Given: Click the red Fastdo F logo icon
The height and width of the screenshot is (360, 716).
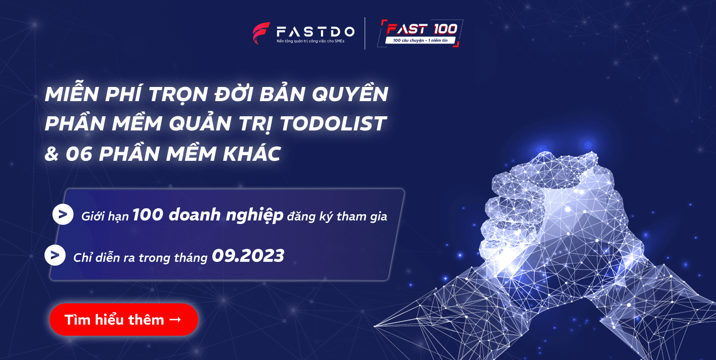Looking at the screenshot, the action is coord(261,33).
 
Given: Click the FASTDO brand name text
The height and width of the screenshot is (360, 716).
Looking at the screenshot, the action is coord(316,31).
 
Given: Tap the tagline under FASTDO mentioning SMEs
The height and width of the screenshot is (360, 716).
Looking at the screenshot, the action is coord(310,41).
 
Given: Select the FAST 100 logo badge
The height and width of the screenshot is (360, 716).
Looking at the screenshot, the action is coord(420,33).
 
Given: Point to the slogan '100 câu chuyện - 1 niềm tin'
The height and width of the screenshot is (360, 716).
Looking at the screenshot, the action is coord(420,40).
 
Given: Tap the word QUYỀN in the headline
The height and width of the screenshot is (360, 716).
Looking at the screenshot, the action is coord(350,94).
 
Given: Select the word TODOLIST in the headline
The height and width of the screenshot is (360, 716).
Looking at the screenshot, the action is coord(333,123).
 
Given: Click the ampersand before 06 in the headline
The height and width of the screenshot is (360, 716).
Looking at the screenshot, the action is coord(52,154).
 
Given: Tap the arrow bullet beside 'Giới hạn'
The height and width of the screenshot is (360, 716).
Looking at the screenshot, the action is coord(63,214).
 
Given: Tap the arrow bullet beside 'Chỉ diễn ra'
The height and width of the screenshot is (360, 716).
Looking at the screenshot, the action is coord(55,255).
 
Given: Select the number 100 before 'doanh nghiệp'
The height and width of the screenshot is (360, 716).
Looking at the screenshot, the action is coord(148,214).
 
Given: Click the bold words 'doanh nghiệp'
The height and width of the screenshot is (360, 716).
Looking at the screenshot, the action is coord(226,215).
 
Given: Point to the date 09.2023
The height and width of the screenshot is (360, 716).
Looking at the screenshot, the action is coord(248,256).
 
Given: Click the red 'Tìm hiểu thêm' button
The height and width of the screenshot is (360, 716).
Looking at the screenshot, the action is coord(124,320).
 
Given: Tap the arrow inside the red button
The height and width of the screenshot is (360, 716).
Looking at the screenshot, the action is coord(175,320).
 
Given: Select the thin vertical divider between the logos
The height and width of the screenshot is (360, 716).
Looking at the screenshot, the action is coord(365,33).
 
